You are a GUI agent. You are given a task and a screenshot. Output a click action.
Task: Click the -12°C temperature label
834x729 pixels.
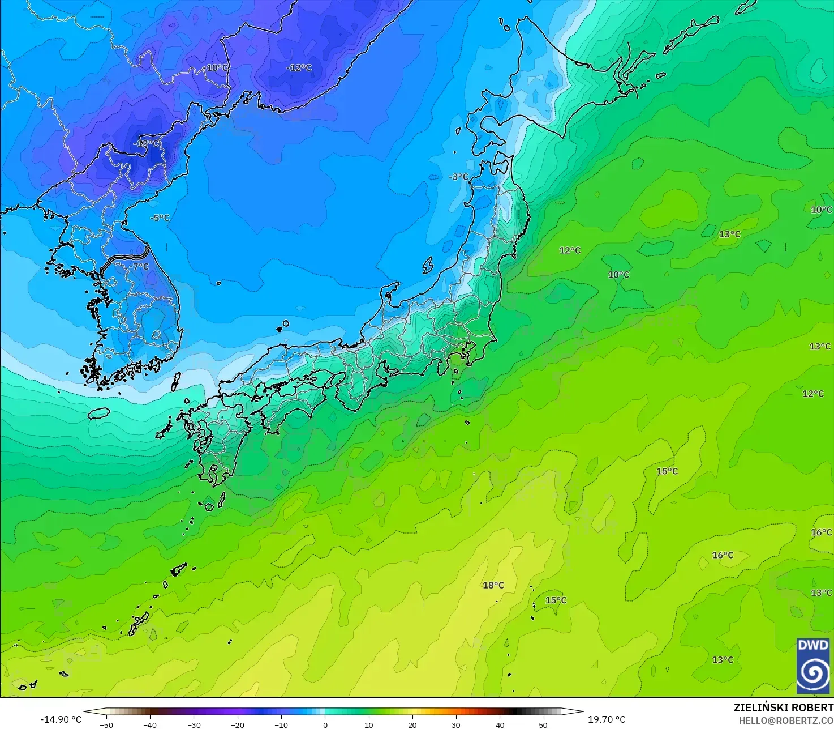(x=299, y=68)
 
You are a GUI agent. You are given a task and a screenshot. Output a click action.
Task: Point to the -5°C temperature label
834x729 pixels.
(x=160, y=218)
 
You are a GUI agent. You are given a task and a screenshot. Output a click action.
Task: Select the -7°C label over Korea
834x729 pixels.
(x=139, y=267)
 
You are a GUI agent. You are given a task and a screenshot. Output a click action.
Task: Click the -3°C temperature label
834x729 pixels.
(x=458, y=177)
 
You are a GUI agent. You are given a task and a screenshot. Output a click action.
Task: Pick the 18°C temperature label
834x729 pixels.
(x=493, y=585)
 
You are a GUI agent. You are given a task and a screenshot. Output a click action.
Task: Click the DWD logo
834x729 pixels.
(x=813, y=666)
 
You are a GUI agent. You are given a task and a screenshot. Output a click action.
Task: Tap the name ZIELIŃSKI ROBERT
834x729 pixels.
(x=783, y=707)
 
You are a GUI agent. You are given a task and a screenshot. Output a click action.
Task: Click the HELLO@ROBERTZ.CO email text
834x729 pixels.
(x=786, y=720)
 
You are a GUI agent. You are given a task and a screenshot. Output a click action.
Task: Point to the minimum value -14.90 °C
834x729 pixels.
(x=61, y=719)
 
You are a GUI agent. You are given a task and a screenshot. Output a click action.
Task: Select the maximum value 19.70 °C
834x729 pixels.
(x=607, y=719)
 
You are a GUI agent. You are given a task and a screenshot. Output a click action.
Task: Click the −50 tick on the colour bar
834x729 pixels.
(x=106, y=724)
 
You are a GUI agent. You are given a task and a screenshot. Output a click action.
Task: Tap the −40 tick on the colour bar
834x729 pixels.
(x=149, y=724)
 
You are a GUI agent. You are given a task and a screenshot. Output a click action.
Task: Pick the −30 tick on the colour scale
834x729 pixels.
(x=194, y=724)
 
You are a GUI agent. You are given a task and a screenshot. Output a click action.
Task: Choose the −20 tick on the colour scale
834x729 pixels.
(x=237, y=724)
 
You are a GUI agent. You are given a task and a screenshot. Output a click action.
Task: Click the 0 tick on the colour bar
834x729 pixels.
(x=325, y=724)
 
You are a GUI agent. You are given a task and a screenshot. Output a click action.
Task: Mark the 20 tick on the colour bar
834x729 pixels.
(x=412, y=724)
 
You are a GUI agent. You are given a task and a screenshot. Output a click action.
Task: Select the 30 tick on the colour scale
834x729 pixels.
(x=456, y=724)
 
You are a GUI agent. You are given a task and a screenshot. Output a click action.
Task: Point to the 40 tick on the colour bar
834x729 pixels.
(x=500, y=724)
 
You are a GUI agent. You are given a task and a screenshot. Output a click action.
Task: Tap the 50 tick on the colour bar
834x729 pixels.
(x=543, y=724)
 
